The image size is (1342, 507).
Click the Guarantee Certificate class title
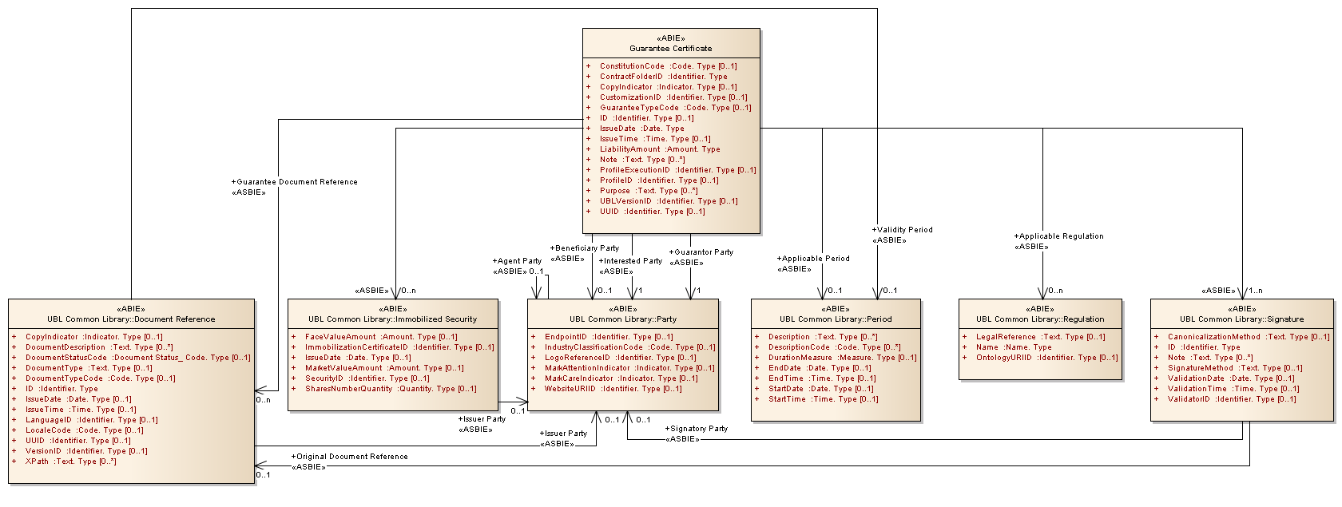point(670,49)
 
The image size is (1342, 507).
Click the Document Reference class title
point(131,319)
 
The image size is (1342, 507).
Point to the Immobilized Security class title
point(392,319)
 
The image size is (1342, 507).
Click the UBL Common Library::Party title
point(623,319)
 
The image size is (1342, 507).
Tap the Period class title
point(836,319)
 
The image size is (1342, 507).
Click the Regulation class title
point(1040,319)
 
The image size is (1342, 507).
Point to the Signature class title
point(1241,319)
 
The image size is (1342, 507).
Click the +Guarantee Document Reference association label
point(295,182)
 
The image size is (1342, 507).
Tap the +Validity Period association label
point(903,230)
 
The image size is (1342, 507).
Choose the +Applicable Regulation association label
point(1059,236)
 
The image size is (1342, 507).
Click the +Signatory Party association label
point(697,429)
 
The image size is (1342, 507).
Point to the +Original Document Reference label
point(350,457)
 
